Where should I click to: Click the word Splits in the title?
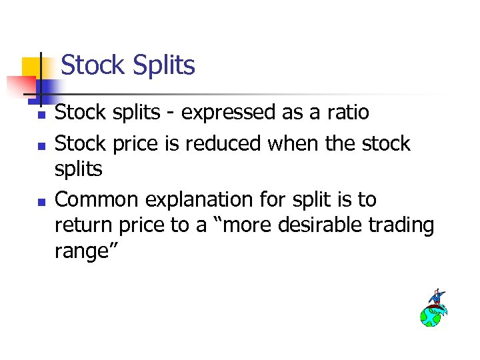(163, 65)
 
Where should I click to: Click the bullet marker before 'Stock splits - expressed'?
(41, 115)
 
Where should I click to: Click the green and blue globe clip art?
(430, 315)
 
